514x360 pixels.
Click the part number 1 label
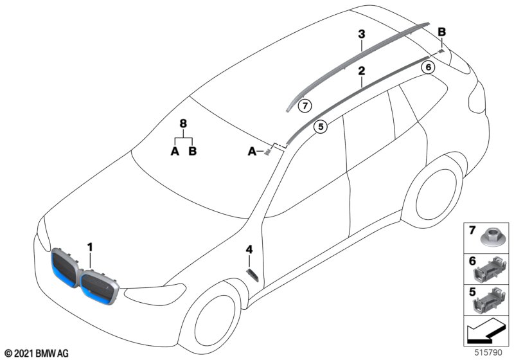pos(91,246)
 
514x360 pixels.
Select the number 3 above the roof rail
pos(362,33)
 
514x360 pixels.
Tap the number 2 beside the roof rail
pos(362,71)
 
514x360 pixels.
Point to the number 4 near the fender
pos(249,249)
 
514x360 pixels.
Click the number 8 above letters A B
pos(183,122)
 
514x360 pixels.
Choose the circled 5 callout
pos(321,127)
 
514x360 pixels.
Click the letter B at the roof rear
pos(441,32)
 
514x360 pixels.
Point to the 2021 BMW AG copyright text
pos(37,353)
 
